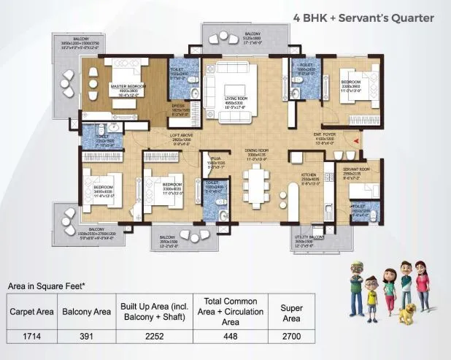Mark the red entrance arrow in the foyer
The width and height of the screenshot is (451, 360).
(357, 140)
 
